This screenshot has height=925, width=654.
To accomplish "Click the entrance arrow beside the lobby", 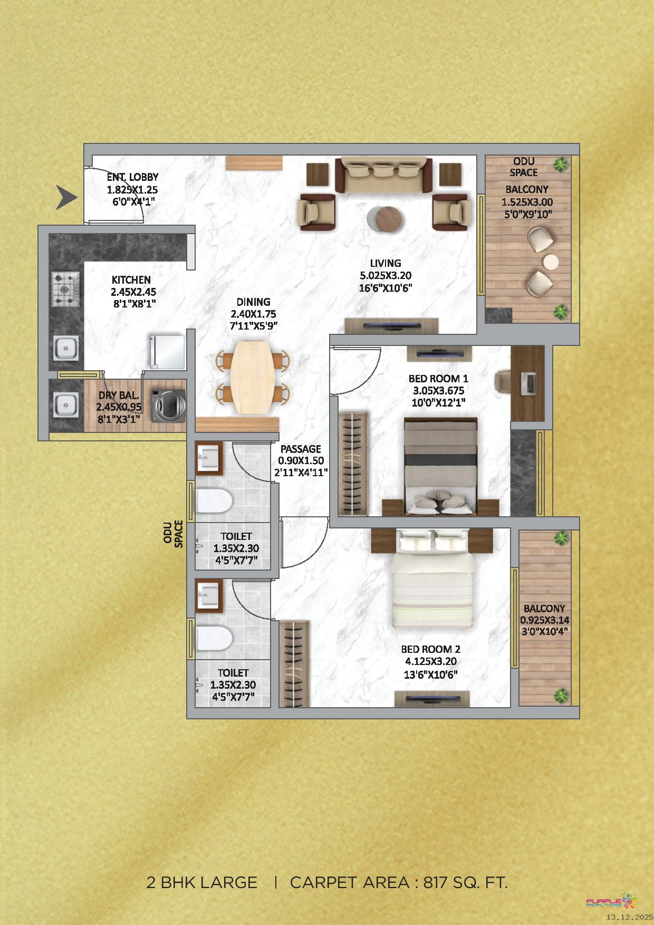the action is [x=66, y=197].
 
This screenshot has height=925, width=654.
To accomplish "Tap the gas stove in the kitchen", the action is [x=65, y=289].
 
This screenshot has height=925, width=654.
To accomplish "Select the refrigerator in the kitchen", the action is [x=168, y=351].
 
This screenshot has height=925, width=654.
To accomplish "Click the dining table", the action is [x=254, y=377].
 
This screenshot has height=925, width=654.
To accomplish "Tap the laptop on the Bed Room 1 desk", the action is [x=528, y=383].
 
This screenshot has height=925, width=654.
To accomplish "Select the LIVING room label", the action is [x=386, y=263].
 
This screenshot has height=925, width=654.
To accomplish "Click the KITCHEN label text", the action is [x=131, y=280].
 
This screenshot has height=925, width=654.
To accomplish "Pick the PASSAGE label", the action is [x=301, y=449].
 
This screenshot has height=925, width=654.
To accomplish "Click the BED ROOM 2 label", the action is [x=431, y=649].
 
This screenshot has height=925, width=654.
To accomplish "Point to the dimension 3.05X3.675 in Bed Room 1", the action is [x=438, y=391].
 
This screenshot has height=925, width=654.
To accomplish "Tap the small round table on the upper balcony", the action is [x=551, y=262].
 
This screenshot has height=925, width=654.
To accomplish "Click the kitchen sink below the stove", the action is [x=65, y=348].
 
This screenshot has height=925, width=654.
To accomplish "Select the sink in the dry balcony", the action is [x=65, y=405].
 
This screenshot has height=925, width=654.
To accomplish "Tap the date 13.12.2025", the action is [x=629, y=917].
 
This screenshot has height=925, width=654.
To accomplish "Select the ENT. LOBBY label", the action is [x=132, y=177].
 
